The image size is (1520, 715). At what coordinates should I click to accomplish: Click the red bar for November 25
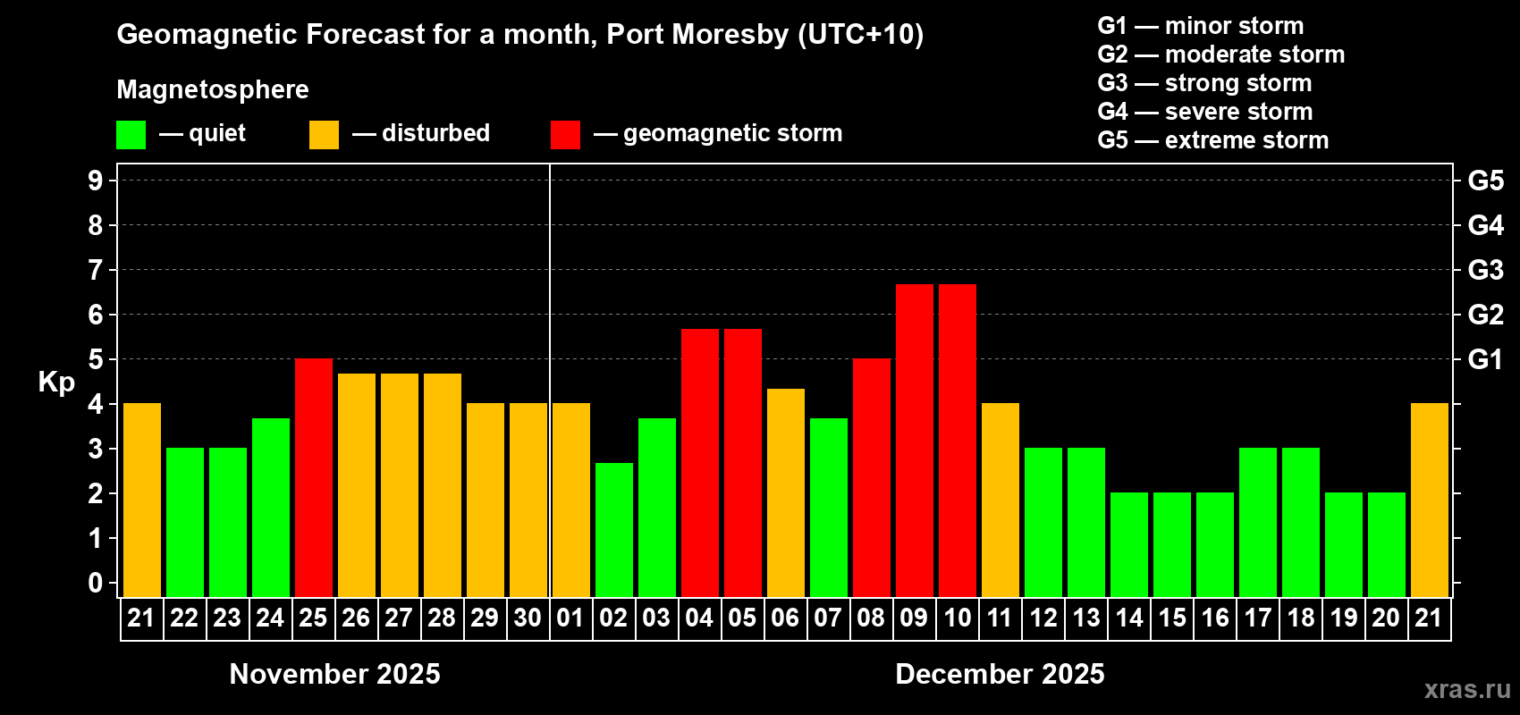[314, 477]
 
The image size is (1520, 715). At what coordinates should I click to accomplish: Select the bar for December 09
[915, 440]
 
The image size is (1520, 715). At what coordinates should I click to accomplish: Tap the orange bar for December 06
[786, 492]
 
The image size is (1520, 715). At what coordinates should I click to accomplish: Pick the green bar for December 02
[614, 529]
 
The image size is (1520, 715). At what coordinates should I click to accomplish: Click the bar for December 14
[1129, 544]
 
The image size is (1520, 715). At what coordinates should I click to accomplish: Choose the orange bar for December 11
[1001, 500]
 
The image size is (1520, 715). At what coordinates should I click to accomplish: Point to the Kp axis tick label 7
[96, 270]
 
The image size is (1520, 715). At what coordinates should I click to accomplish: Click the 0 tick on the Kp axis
[96, 583]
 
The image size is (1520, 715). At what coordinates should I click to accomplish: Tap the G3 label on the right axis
[1485, 270]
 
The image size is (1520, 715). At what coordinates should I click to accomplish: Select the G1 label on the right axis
[1485, 359]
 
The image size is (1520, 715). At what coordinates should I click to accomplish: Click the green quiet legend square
[131, 135]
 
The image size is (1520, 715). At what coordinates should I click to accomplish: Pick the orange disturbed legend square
[324, 135]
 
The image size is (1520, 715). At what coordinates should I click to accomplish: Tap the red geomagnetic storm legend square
[565, 135]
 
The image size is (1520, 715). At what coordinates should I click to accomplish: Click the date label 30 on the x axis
[528, 618]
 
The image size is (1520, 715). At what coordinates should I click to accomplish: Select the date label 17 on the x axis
[1258, 618]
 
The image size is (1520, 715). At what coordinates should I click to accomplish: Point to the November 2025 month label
[334, 674]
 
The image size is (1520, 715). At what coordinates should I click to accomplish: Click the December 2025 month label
[1000, 674]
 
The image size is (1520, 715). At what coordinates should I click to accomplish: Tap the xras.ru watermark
[1467, 689]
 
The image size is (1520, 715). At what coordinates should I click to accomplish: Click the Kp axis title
[56, 383]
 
